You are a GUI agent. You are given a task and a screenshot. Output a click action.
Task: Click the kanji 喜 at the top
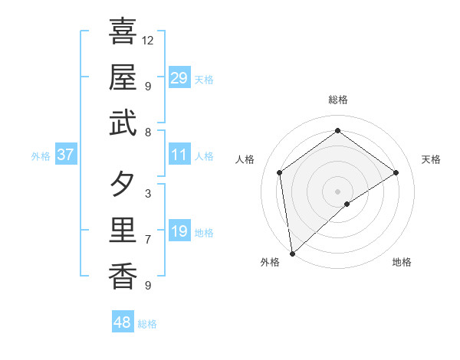[123, 31]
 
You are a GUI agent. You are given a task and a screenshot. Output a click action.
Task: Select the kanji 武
[123, 123]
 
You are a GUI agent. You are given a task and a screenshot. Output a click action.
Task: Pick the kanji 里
[123, 231]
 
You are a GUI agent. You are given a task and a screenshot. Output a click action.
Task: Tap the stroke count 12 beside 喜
[148, 40]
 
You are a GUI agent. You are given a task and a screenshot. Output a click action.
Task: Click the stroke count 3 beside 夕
[148, 194]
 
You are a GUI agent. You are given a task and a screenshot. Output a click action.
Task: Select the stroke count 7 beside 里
[148, 240]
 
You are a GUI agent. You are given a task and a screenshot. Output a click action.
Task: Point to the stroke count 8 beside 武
[148, 132]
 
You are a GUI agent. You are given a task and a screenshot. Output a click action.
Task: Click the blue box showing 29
[179, 78]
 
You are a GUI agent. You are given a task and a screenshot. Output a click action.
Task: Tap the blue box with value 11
[179, 155]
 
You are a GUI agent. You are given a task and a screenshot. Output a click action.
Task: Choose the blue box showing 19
[179, 231]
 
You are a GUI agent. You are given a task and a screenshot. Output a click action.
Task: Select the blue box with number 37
[66, 155]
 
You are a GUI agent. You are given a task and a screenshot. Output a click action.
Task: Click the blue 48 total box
[123, 322]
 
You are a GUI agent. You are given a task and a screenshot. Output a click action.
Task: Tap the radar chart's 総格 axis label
[338, 100]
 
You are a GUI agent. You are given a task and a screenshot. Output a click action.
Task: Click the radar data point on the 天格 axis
[396, 172]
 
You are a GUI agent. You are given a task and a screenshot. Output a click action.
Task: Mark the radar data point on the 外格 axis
[292, 253]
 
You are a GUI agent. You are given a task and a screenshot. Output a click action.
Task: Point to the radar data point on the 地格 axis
[347, 204]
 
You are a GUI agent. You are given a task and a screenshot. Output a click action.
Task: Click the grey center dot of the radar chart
[338, 191]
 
